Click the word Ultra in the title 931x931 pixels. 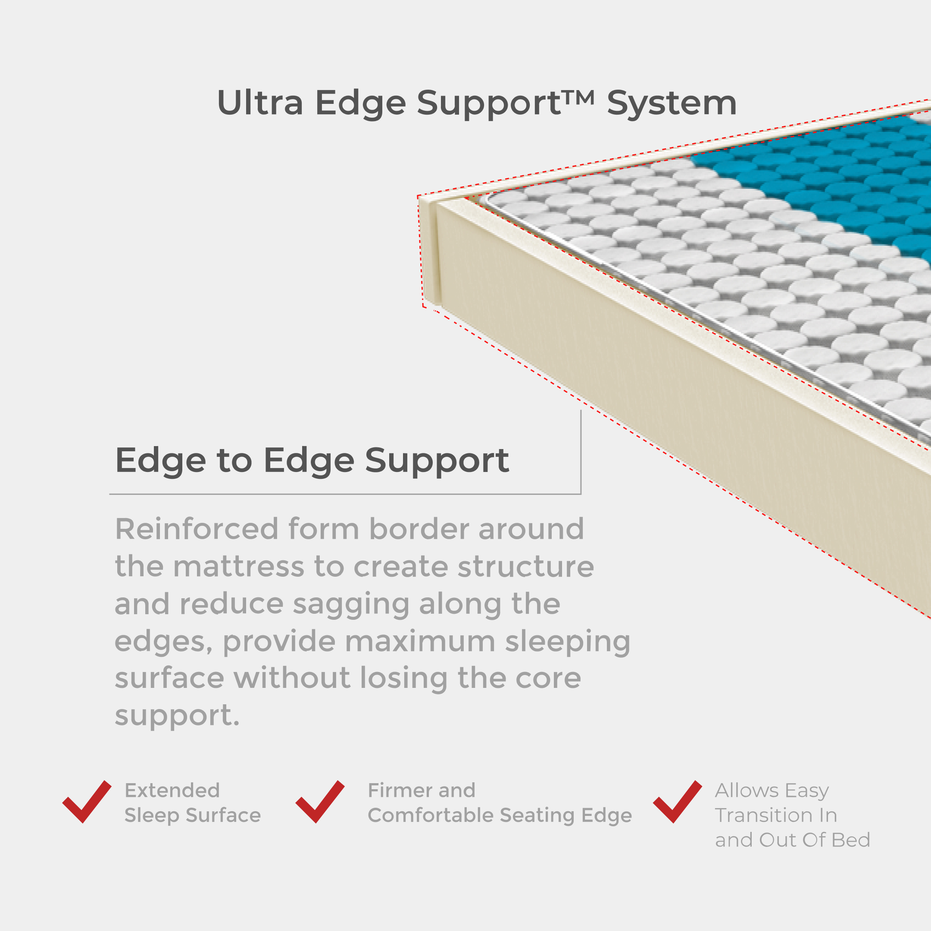point(260,103)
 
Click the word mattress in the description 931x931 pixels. point(238,567)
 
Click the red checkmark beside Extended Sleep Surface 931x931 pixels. point(87,801)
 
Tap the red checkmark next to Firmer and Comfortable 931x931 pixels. point(320,801)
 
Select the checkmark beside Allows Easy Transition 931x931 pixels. point(678,801)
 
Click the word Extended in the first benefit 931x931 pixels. point(172,790)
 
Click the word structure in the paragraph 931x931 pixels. point(526,567)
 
